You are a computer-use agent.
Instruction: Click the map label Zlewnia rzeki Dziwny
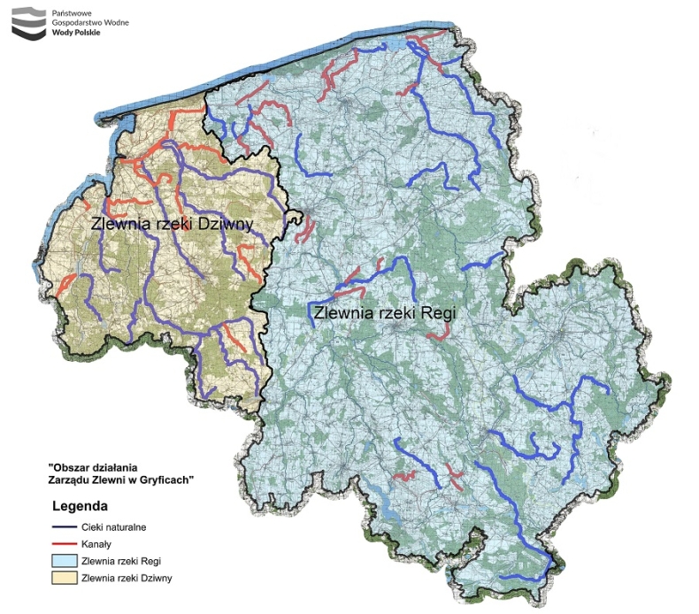point(173,224)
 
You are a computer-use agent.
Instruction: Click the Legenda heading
point(80,508)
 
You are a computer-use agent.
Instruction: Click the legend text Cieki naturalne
point(113,527)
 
